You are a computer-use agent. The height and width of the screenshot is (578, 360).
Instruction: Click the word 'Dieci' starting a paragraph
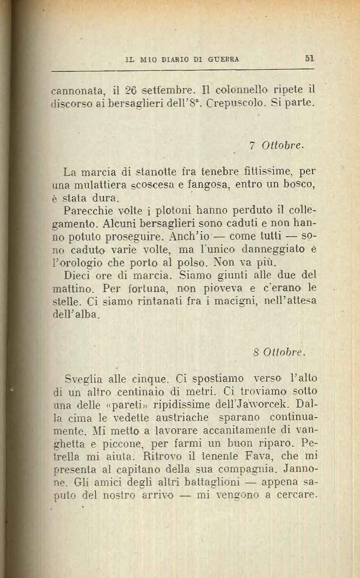[x=77, y=275]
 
